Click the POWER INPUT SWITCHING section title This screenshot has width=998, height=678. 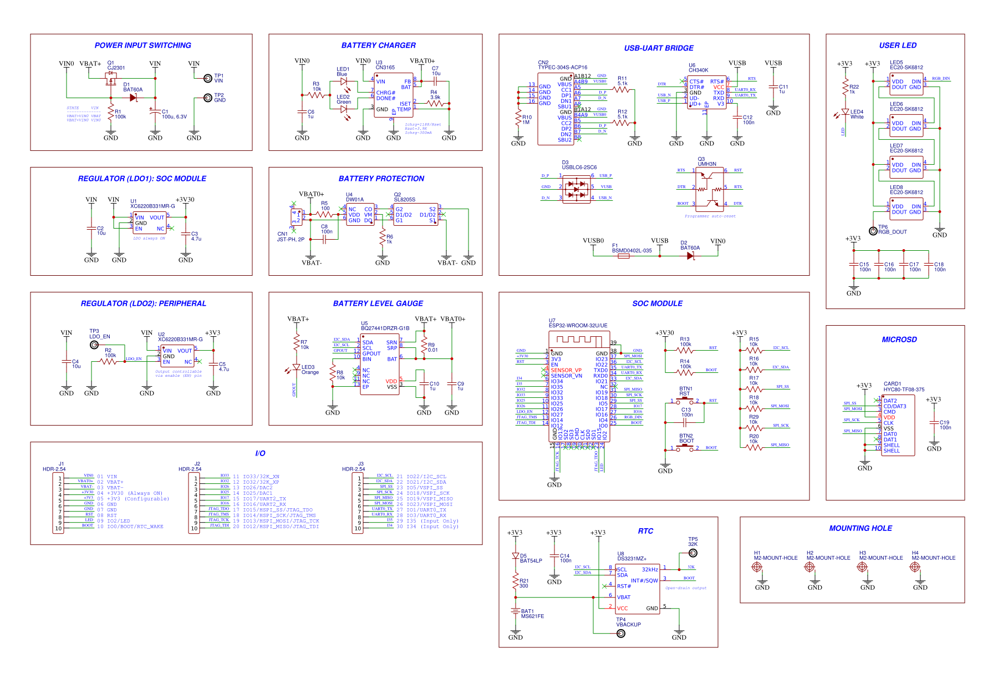[x=142, y=45]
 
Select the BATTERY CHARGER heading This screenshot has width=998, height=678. [x=378, y=45]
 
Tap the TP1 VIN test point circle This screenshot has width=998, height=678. [x=207, y=78]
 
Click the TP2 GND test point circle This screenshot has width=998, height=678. [x=207, y=98]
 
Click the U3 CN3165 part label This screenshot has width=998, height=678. [x=385, y=65]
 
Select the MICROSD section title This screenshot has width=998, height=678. [x=899, y=340]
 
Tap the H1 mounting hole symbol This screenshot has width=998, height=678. [x=756, y=567]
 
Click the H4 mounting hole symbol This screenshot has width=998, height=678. [x=914, y=567]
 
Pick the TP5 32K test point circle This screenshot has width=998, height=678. [x=693, y=553]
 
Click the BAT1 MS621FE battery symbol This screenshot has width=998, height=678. [x=516, y=611]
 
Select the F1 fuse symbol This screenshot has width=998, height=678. [x=623, y=256]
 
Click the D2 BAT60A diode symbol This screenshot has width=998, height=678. [x=690, y=256]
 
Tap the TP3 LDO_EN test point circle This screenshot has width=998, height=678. [x=94, y=345]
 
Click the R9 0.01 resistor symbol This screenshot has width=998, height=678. [x=424, y=347]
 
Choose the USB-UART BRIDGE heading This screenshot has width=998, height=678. [x=659, y=48]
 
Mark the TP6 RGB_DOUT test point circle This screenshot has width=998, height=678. [x=873, y=230]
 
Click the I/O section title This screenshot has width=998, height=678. [x=260, y=453]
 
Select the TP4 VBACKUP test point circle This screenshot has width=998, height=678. [x=621, y=634]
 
